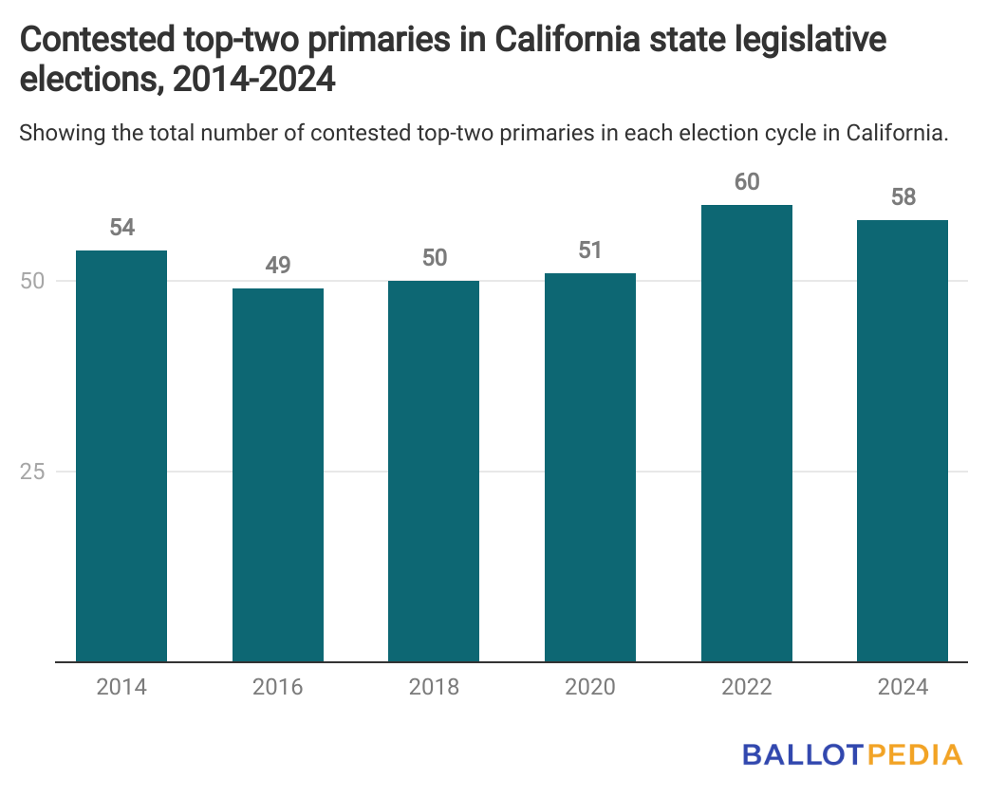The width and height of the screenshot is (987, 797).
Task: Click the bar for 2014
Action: tap(121, 455)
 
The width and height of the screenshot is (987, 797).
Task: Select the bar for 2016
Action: tap(278, 474)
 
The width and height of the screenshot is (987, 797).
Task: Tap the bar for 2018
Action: tap(434, 471)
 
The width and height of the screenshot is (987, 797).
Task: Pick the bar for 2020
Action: tap(590, 467)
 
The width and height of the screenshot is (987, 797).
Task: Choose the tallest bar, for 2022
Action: tap(747, 433)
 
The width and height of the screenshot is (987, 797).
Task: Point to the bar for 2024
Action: tap(903, 440)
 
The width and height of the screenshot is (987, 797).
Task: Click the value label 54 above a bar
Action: tap(121, 228)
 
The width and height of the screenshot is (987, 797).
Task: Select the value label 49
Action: tap(278, 266)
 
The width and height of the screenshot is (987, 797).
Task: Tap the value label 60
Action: tap(747, 181)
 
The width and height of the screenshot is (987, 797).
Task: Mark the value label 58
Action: tap(903, 197)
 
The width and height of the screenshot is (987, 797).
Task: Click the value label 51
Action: tap(590, 250)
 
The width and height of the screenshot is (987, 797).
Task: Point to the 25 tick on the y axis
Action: tap(35, 472)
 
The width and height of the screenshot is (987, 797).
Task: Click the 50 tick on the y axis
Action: tap(35, 281)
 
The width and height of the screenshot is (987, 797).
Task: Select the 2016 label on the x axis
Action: tap(278, 687)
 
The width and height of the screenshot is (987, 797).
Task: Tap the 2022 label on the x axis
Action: tap(747, 687)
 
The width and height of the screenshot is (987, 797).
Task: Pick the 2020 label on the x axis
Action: tap(590, 687)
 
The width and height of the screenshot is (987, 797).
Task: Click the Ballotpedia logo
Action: tap(852, 755)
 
